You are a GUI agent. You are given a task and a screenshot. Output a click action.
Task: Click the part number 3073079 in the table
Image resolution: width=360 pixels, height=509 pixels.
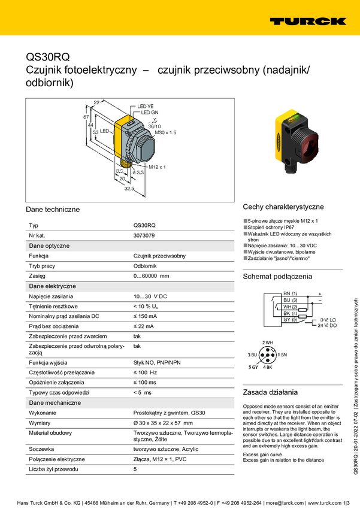pos(144,236)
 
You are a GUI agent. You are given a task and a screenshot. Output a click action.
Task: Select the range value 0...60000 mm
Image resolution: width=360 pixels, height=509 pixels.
pos(152,275)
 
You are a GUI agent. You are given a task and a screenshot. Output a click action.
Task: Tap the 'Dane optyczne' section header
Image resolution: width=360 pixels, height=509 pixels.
pos(50,246)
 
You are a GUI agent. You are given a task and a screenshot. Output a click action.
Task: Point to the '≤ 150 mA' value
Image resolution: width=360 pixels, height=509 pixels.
pos(145,316)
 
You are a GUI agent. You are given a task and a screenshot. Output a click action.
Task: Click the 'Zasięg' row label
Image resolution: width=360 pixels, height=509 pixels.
pos(38,275)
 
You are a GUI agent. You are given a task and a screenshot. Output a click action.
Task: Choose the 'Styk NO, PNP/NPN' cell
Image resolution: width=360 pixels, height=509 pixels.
pos(157,363)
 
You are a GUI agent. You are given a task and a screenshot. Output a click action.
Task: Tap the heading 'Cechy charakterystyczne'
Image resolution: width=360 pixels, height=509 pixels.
pos(283,206)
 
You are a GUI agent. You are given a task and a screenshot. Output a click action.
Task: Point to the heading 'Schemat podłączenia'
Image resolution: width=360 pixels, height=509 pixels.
pos(277,277)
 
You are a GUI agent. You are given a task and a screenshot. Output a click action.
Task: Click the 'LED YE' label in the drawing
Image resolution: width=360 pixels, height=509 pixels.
pos(146,106)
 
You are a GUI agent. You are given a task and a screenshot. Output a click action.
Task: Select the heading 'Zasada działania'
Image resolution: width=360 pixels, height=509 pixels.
pos(270,392)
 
